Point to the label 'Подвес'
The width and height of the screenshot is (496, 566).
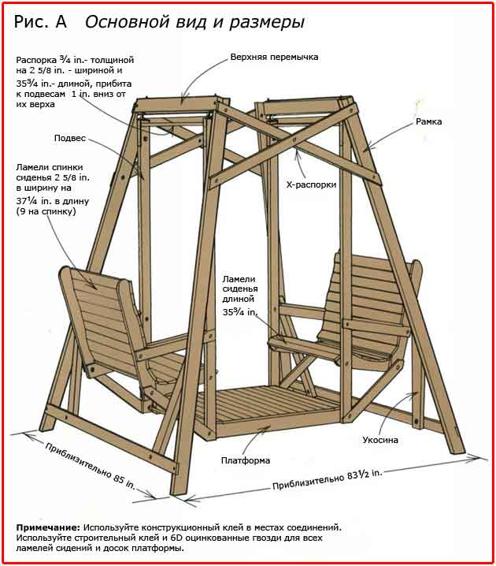click(x=70, y=138)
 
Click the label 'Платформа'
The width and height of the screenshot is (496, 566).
click(x=246, y=460)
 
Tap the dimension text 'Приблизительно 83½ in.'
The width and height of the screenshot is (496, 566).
click(x=328, y=478)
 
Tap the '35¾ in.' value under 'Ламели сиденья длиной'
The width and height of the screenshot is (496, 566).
click(x=240, y=312)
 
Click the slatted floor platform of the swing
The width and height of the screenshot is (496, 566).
click(x=260, y=410)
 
